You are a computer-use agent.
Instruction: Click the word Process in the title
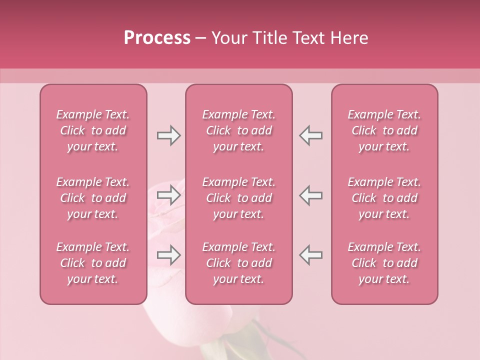[157, 38]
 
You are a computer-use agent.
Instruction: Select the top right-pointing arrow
[168, 135]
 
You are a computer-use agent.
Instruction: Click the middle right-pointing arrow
[168, 195]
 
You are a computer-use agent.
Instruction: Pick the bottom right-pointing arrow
[168, 255]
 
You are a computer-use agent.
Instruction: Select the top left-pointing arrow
[311, 135]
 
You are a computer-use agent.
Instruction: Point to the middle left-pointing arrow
[311, 195]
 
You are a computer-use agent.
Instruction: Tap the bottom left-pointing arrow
[311, 255]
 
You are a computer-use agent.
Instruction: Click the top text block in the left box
[93, 130]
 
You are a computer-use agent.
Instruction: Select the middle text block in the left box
[93, 198]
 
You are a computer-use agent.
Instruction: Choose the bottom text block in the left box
[93, 263]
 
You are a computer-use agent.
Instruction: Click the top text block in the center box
[239, 130]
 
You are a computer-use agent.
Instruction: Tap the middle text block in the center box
[239, 198]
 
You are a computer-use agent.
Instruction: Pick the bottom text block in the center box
[239, 263]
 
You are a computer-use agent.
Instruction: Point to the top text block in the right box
[384, 130]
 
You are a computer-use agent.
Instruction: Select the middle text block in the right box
[384, 198]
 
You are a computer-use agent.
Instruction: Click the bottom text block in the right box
[384, 263]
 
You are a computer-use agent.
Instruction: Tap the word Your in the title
[228, 38]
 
